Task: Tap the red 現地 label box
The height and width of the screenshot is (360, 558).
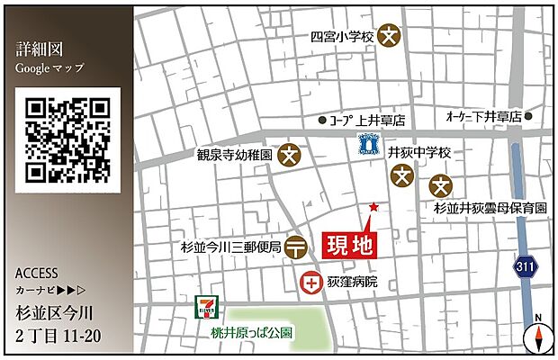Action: point(347,243)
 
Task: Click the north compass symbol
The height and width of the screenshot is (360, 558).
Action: point(535,336)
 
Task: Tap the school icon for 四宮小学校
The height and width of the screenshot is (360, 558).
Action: point(389,37)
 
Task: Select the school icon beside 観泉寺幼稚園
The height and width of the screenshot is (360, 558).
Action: point(289,155)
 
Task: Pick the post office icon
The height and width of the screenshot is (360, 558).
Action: point(296,248)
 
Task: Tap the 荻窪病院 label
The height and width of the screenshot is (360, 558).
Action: point(354,283)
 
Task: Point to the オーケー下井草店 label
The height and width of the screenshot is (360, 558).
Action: point(483,117)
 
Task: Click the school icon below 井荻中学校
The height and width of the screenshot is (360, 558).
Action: point(404,177)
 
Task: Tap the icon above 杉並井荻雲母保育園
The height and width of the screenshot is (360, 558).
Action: point(440,185)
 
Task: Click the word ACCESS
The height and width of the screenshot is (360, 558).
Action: point(37,273)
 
